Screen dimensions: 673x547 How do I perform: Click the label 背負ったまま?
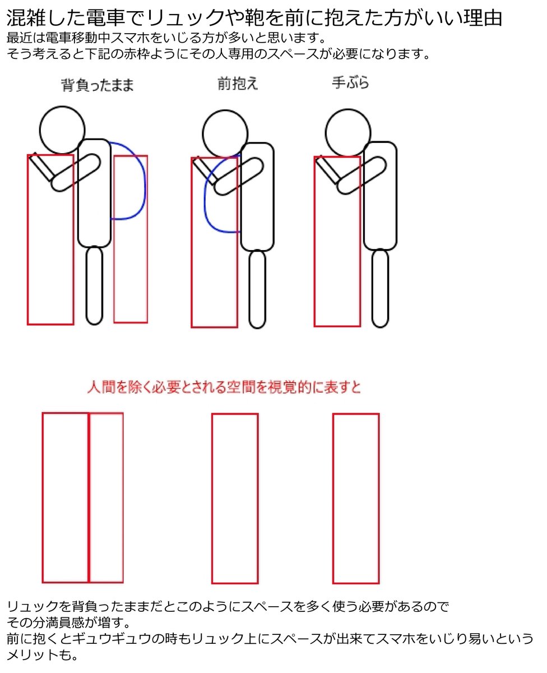coord(98,86)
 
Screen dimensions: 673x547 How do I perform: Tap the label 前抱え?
coord(238,84)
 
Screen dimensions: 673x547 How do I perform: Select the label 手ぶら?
coord(351,84)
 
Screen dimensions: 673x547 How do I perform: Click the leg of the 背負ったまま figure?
coord(94,286)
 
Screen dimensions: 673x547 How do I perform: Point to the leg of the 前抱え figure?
coord(257,289)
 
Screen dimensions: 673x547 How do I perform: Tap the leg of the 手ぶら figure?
coord(380,288)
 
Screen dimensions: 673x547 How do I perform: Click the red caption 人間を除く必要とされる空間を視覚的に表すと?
coord(224,388)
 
